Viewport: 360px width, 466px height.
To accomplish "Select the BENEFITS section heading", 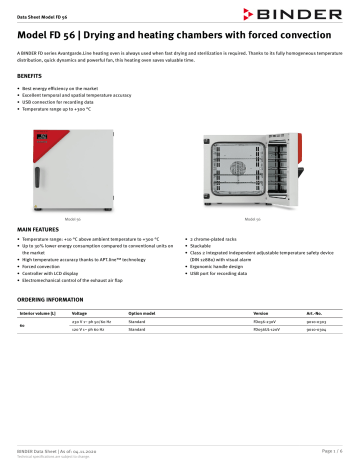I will coord(30,75).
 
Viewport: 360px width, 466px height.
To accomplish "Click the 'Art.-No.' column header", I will coord(315,313).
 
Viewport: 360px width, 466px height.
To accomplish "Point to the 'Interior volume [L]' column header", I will coord(40,313).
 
